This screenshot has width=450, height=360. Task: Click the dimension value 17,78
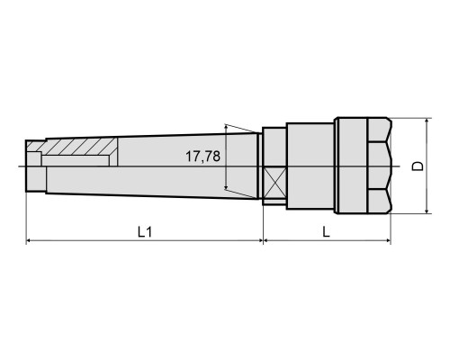tap(202, 157)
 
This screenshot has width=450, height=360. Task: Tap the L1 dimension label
tap(145, 232)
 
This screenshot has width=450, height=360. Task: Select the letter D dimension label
tap(418, 166)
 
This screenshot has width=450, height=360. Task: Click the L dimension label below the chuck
tap(326, 232)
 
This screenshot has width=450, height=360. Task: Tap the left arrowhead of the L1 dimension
tap(29, 240)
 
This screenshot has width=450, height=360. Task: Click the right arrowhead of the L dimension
tap(388, 240)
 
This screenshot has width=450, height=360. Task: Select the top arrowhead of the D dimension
tap(427, 121)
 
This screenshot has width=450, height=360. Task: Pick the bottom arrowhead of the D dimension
tap(427, 211)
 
